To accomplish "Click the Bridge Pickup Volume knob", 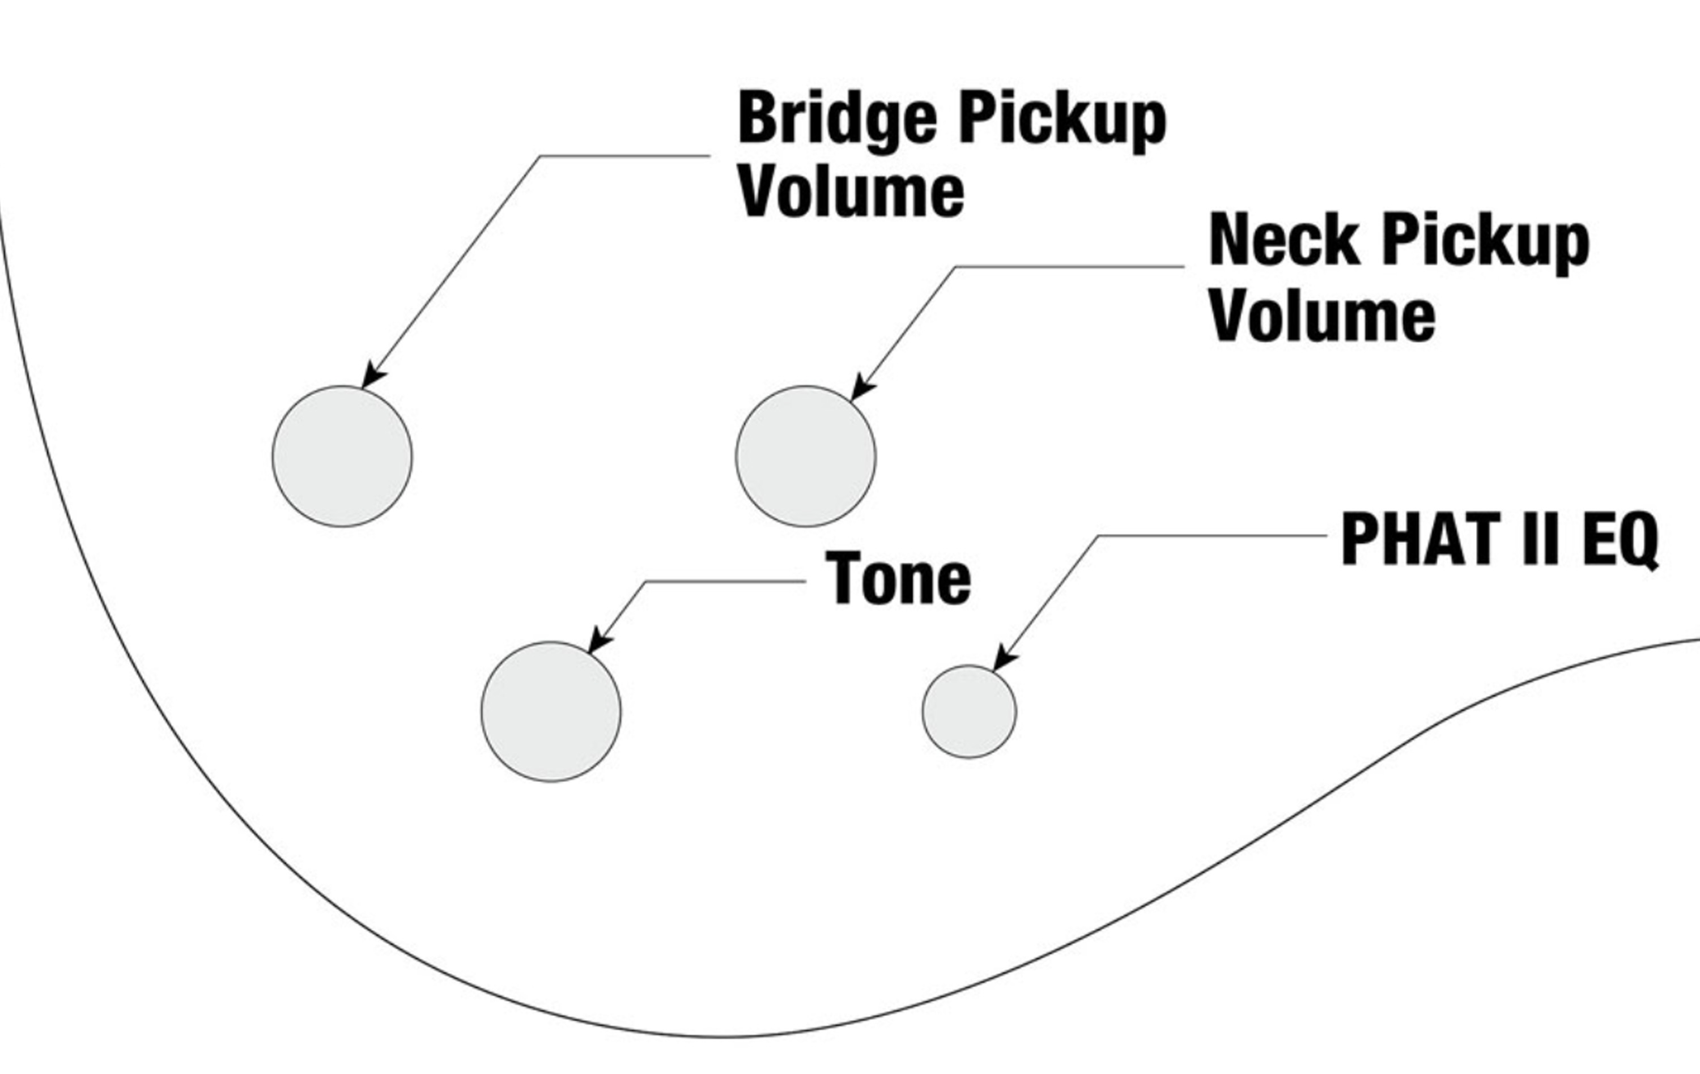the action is [342, 456].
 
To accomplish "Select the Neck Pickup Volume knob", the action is [806, 456].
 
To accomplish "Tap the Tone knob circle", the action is [551, 711].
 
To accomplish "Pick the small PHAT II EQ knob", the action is [970, 711].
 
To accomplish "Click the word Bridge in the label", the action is [838, 120].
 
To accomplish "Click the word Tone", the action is [899, 578].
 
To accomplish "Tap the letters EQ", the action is [1620, 540].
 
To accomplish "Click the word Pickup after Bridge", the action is [1062, 121].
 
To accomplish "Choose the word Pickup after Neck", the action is [1485, 244].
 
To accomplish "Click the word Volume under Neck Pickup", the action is [1322, 316].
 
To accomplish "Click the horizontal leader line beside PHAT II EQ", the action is [1213, 536].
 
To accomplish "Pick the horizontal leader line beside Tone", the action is [725, 581].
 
